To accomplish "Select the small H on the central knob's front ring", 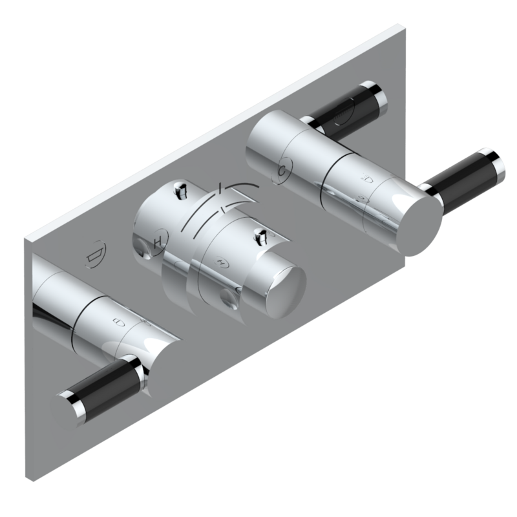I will point(222,263).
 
